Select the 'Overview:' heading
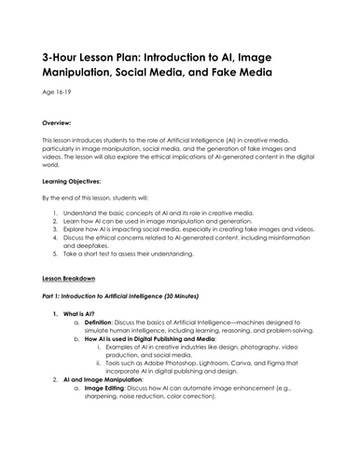point(60,122)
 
